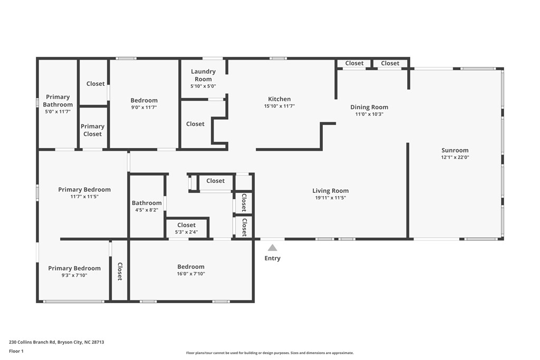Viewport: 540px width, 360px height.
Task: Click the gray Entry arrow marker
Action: coord(273,248)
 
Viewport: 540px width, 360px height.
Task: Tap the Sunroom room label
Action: coord(455,150)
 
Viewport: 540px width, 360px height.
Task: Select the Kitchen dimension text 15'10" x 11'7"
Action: coord(279,106)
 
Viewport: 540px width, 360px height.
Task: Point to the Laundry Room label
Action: coord(203,75)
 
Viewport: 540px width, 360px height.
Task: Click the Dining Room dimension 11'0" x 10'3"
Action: coord(369,114)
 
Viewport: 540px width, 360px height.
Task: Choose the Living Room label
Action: coord(330,191)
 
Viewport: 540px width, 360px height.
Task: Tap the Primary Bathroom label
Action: coord(58,101)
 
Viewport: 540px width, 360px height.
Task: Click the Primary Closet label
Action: coord(92,130)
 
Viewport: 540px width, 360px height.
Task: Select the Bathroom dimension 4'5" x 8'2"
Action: coord(147,210)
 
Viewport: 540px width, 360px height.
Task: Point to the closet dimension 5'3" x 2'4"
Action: coord(186,232)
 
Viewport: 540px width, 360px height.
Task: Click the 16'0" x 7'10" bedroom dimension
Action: coord(191,274)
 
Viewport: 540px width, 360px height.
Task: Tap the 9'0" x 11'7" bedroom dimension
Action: coord(144,108)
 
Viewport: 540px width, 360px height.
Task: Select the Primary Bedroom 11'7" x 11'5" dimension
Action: coord(84,197)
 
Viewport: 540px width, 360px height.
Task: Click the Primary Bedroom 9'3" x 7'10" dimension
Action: coord(74,275)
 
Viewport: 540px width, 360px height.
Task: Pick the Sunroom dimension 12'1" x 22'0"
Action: coord(455,157)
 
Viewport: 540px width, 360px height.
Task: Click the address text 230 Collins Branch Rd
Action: coord(32,342)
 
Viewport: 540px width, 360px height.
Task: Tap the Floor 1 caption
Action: coord(16,351)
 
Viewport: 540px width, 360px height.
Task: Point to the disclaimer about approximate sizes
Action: coord(270,353)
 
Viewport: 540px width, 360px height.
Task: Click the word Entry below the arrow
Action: coord(273,258)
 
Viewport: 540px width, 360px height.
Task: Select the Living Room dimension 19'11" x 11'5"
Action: coord(331,198)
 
